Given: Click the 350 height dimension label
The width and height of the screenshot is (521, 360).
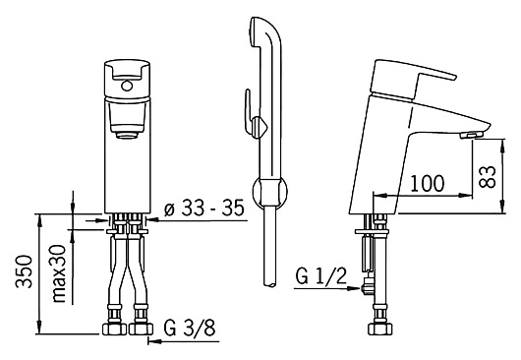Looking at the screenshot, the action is [x=25, y=271].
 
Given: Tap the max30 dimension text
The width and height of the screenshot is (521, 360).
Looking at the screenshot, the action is [x=59, y=273].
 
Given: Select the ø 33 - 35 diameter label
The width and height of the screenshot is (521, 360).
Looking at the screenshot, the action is [x=204, y=209].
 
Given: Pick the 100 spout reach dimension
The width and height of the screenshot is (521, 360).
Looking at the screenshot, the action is [x=428, y=183].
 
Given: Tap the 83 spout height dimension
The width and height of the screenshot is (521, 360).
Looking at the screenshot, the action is [x=488, y=177].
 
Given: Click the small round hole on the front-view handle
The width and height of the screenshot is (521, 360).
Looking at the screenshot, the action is [x=127, y=87].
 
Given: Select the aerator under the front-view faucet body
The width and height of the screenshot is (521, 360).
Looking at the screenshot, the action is [x=127, y=135].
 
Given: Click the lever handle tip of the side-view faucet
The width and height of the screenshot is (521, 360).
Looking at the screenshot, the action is [x=452, y=76].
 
